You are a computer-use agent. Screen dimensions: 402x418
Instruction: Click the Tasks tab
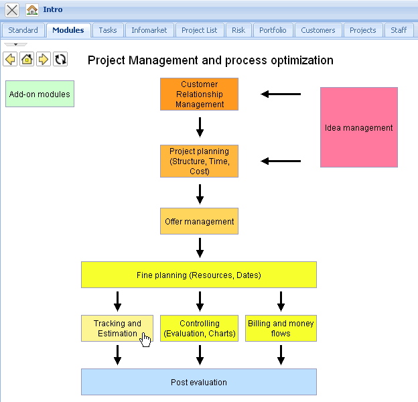click(107, 30)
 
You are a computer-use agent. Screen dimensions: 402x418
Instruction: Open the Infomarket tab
click(149, 30)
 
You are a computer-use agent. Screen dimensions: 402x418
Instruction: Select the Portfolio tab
click(273, 30)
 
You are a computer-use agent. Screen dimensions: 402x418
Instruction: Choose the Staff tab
click(399, 30)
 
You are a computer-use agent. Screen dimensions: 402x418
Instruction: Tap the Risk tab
click(238, 30)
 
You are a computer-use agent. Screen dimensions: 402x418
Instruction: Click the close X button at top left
click(12, 10)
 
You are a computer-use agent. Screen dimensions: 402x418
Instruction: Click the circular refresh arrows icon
click(60, 60)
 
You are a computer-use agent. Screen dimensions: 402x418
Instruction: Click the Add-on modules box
click(40, 94)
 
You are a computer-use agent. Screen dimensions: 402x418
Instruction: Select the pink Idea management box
click(359, 127)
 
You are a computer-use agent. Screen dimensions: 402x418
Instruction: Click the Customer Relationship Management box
click(199, 94)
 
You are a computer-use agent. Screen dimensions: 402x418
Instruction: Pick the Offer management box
click(199, 221)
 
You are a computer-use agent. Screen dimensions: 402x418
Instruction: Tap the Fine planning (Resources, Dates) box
click(199, 275)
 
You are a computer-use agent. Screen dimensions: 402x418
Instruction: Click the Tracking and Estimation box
click(117, 328)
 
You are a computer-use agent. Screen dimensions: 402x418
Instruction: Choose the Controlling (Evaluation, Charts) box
click(200, 328)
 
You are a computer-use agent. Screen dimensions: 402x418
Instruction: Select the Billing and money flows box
click(281, 328)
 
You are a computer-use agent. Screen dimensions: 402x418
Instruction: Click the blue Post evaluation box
click(199, 382)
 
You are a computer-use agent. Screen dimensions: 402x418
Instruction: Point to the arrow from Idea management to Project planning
click(281, 161)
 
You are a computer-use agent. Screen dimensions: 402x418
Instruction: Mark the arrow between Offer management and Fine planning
click(200, 248)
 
